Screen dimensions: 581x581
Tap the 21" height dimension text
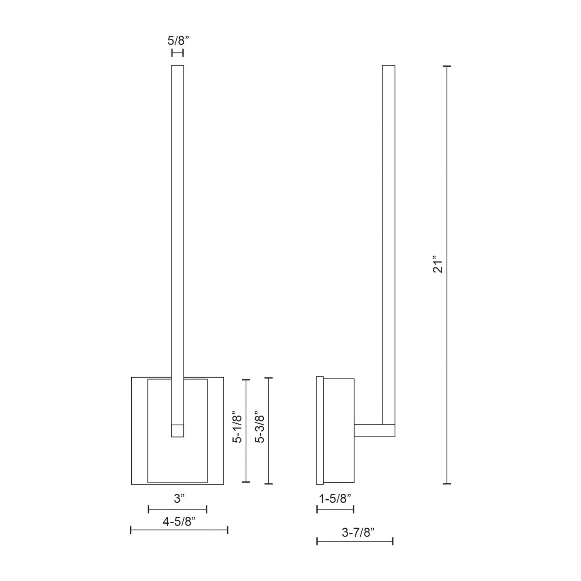coord(437,264)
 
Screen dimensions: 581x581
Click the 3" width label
coord(178,499)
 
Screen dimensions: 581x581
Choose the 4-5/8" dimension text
coord(179,522)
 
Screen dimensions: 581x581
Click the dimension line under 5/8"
coord(177,53)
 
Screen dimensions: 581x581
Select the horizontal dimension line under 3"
coord(177,509)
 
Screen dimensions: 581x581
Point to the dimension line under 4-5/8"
coord(179,530)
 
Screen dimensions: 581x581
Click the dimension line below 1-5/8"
coord(335,509)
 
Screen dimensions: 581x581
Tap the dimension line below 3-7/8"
coord(355,541)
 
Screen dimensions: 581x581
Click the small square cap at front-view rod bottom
coord(177,431)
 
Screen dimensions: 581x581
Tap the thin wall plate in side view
coord(320,430)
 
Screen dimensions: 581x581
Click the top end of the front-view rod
coord(177,67)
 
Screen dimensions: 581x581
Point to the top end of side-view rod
coord(388,67)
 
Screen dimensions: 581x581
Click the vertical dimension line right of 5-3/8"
coord(269,431)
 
